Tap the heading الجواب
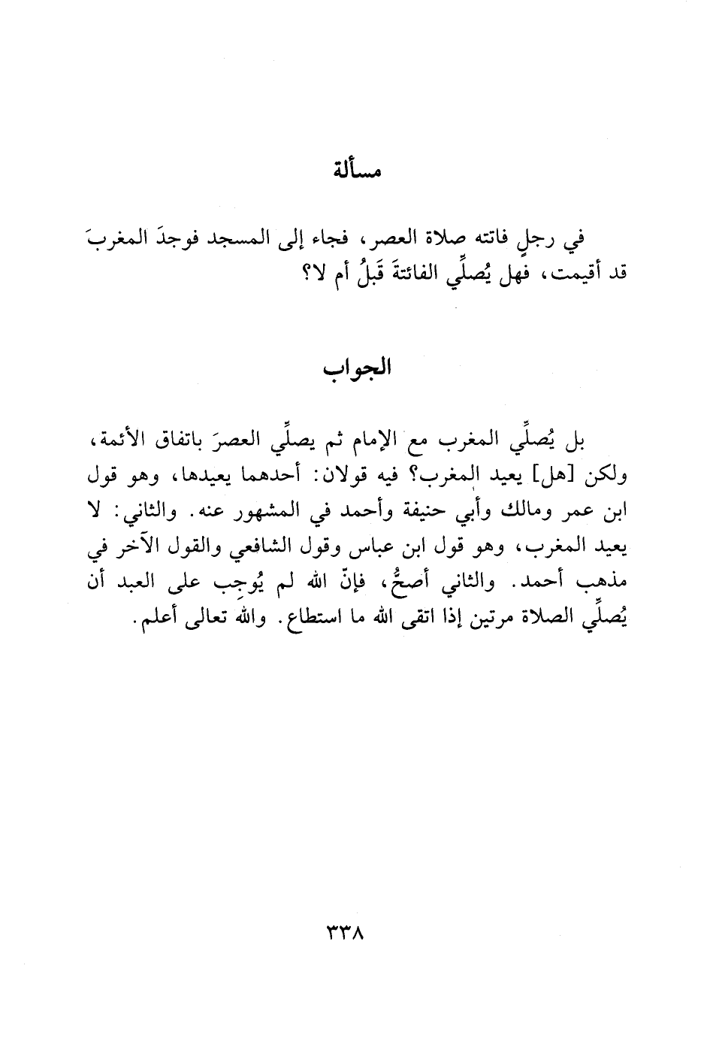(x=357, y=371)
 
